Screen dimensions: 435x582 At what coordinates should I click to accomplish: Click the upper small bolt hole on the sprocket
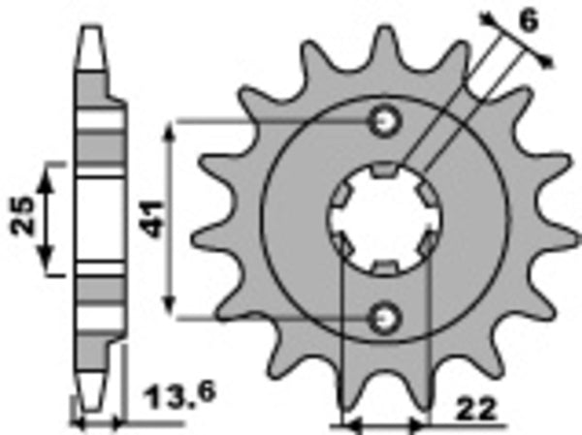(x=386, y=121)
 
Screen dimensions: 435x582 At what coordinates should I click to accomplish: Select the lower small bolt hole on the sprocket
(x=386, y=316)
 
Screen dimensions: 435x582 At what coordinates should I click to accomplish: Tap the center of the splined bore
(x=386, y=219)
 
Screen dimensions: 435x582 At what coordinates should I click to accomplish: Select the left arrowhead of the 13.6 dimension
(x=80, y=423)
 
